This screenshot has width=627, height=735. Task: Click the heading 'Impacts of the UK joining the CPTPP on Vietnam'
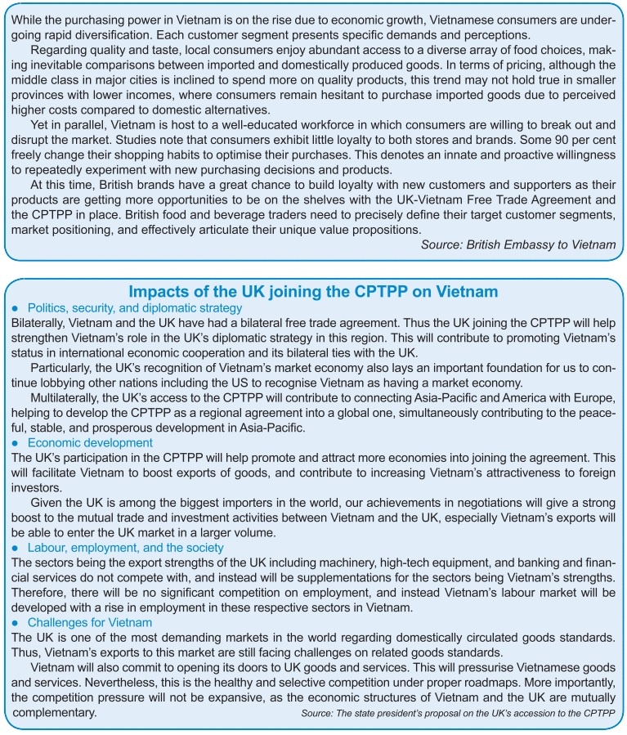[313, 292]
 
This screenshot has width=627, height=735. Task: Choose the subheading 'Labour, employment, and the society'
[125, 548]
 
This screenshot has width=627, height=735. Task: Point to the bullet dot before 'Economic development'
[16, 443]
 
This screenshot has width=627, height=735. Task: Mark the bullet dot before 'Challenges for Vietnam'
[16, 624]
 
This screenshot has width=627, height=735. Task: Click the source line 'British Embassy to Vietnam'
[518, 244]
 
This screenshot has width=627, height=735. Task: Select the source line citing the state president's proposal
[458, 714]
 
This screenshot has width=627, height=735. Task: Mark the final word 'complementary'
[56, 712]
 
